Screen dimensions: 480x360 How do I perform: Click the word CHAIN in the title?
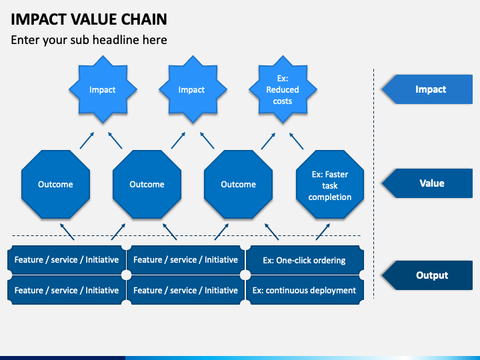pos(144,19)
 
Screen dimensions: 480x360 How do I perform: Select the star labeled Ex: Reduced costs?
pos(283,89)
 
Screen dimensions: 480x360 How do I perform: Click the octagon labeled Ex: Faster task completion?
pos(330,184)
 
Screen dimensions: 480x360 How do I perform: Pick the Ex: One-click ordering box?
pos(305,260)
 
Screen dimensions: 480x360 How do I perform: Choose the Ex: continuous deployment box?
pos(305,290)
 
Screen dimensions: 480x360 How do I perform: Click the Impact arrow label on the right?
pos(427,89)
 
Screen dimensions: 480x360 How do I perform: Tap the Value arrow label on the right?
pos(427,183)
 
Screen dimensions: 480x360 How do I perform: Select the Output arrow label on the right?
pos(427,275)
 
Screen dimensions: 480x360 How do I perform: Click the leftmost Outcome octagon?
pos(56,184)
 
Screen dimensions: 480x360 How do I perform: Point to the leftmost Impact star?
pos(103,89)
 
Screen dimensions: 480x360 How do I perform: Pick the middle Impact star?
pos(193,89)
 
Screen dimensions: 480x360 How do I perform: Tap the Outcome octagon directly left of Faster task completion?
pos(239,184)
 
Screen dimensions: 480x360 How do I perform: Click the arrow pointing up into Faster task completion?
pos(323,232)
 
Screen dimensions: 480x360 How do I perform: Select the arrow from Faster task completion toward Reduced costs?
pos(296,141)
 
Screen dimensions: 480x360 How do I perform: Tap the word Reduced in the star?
pos(283,90)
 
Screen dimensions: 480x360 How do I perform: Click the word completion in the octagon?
pos(330,197)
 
